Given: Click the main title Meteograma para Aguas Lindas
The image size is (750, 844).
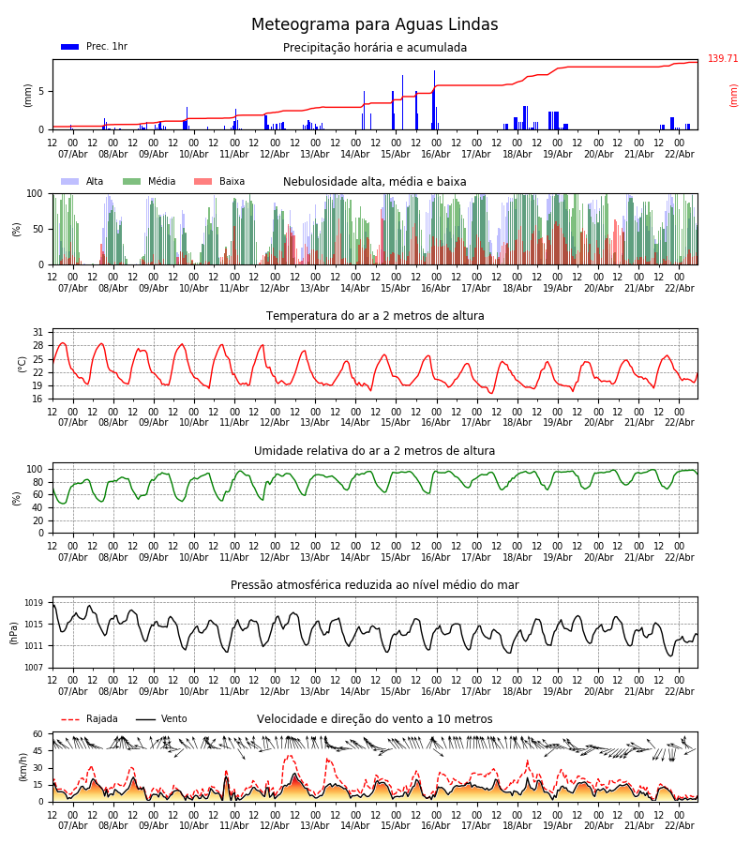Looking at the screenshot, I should (375, 25).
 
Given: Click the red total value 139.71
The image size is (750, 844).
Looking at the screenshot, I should (723, 59).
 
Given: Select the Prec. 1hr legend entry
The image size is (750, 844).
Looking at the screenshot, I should (94, 47).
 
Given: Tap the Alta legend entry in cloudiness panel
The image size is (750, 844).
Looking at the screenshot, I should (82, 182).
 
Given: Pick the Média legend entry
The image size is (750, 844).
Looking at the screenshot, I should (149, 182).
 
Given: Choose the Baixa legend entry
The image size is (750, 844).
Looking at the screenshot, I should (219, 182).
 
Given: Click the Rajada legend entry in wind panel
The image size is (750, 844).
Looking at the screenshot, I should (90, 719).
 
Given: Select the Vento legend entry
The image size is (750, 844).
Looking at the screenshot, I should (161, 719).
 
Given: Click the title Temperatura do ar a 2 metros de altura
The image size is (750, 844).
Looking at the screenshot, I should (375, 316).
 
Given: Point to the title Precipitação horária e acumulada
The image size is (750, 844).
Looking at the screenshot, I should (375, 48).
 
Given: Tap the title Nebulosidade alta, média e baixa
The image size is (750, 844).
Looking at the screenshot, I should (375, 182).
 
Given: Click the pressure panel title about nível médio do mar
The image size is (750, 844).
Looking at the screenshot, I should (375, 585).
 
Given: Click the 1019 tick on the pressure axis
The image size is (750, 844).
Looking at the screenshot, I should (35, 603).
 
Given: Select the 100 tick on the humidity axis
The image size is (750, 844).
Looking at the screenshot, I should (35, 469).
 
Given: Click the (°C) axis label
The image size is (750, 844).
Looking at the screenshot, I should (23, 364).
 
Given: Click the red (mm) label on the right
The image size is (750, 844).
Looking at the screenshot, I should (734, 95).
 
